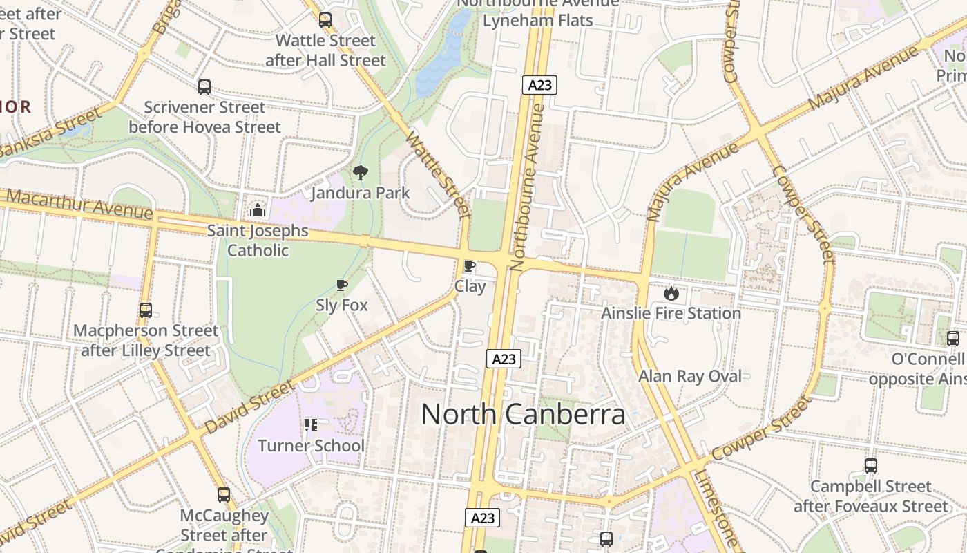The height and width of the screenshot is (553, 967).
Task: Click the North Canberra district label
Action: point(523,414)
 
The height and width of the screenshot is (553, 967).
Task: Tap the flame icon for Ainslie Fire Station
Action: point(671,293)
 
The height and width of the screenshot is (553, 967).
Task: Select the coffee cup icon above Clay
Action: point(470,266)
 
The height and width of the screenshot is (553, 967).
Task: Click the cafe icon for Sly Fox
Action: point(341,285)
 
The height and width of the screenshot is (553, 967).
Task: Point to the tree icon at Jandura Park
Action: point(360,173)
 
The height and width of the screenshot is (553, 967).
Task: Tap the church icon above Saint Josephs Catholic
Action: point(258,210)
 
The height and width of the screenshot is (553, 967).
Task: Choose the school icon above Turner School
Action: point(311,425)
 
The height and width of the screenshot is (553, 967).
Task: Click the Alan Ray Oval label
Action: point(689,376)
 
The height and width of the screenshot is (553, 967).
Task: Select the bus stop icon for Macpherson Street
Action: point(145,310)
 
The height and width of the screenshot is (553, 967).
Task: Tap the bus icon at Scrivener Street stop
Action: point(204,87)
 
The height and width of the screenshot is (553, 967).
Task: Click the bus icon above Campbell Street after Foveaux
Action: point(870,466)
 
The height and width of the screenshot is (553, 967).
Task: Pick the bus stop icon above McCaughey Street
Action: point(224,495)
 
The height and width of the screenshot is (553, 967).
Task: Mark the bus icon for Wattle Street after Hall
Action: point(325,20)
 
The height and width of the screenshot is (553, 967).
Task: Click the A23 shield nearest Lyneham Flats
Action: point(539,85)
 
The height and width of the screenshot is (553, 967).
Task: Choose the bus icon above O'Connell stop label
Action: point(952,339)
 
